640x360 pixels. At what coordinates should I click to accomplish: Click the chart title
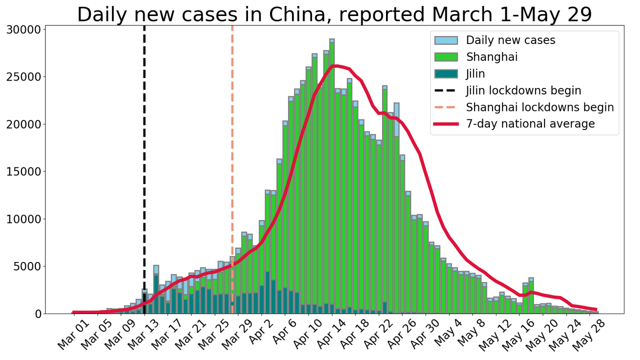[334, 14]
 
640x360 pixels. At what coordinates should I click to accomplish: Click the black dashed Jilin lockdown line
[144, 150]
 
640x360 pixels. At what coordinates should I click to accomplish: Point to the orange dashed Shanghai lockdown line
[232, 150]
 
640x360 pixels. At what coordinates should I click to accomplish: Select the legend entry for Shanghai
[491, 57]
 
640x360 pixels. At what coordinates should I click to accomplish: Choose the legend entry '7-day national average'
[530, 124]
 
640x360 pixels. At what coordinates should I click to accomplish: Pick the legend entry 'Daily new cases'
[510, 40]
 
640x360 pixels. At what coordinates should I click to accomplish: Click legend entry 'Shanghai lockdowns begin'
[539, 107]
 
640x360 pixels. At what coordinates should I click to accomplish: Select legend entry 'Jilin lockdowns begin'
[523, 90]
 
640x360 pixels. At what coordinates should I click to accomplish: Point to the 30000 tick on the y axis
[25, 29]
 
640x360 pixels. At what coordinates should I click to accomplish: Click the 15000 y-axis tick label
[25, 171]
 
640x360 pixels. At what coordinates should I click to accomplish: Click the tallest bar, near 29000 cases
[332, 175]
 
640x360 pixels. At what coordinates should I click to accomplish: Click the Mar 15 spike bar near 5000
[156, 290]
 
